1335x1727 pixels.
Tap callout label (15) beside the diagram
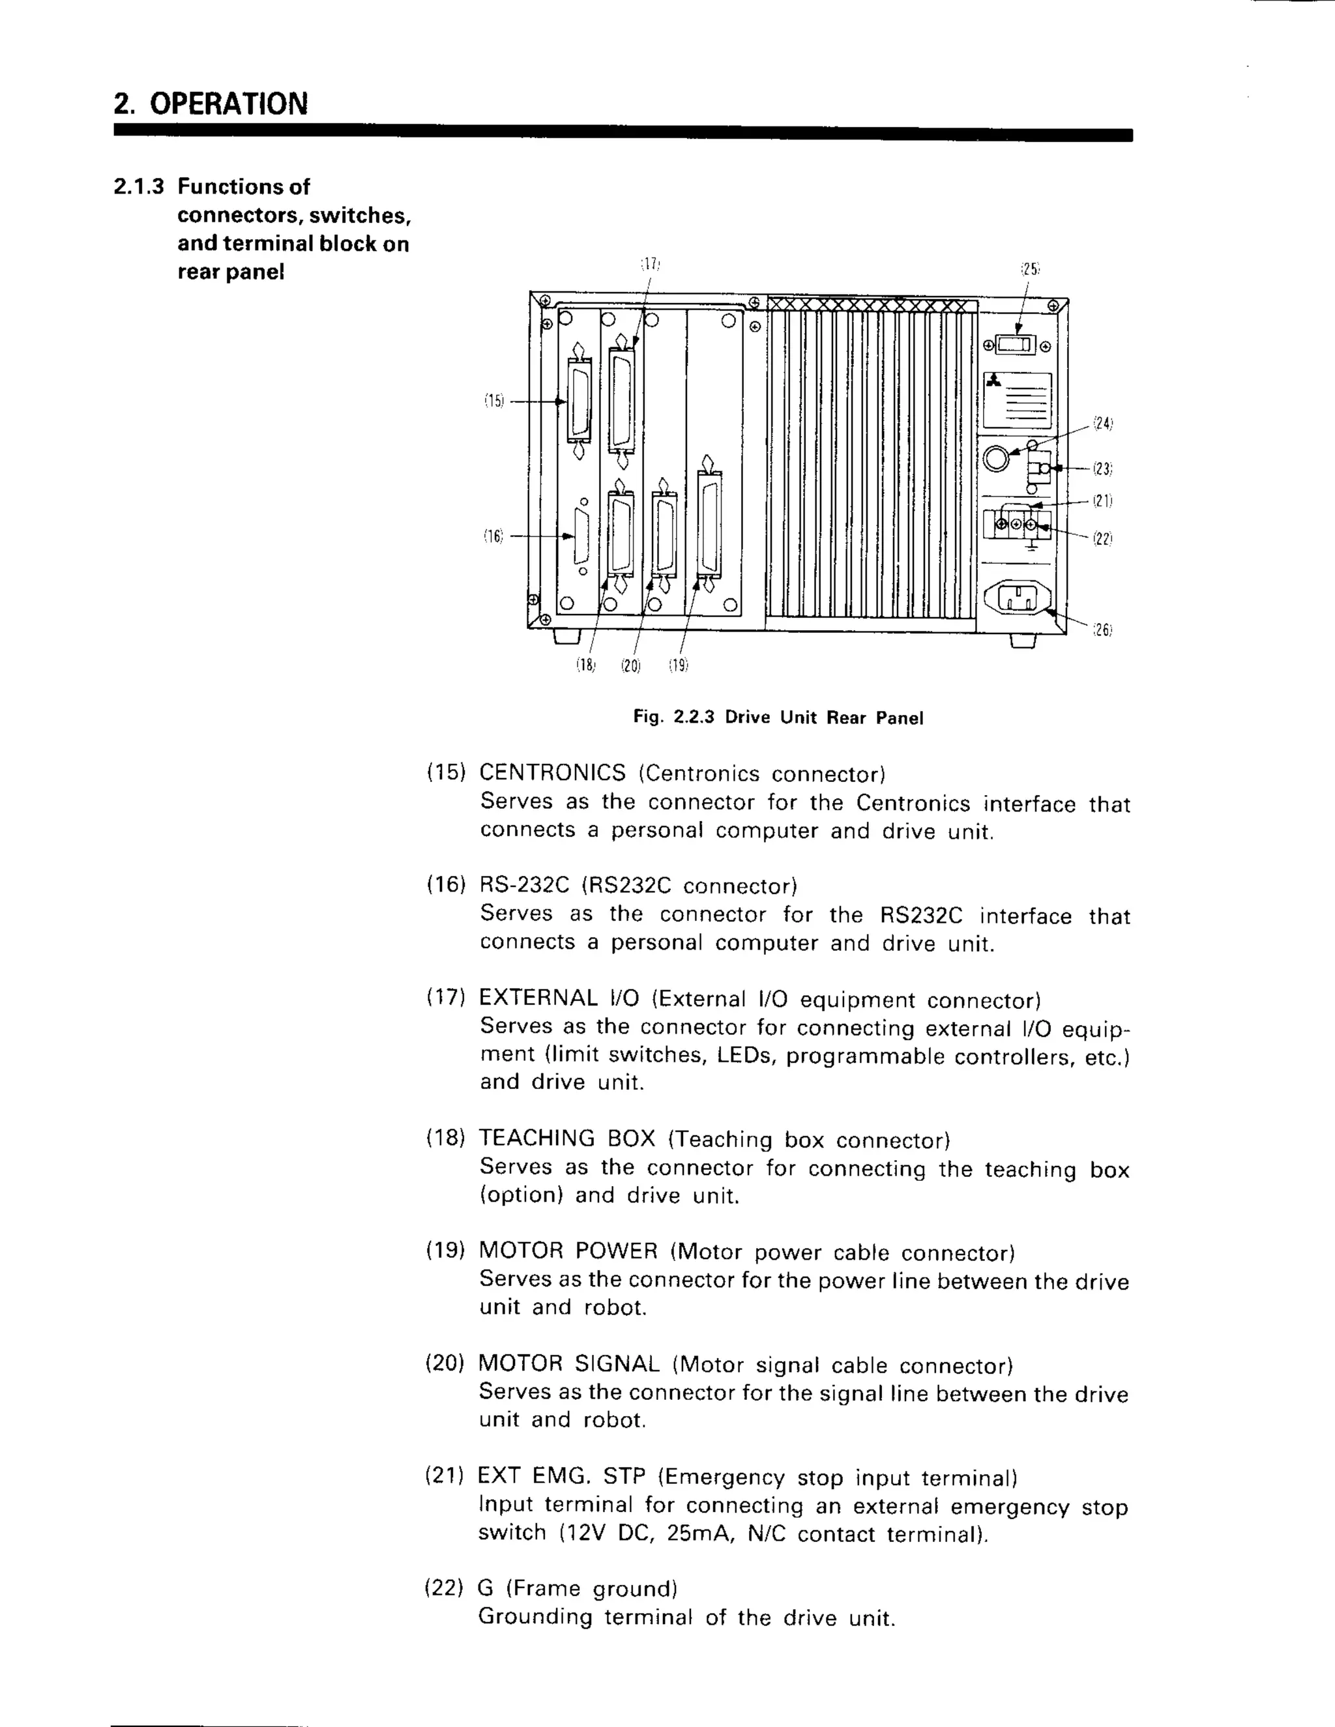click(x=493, y=401)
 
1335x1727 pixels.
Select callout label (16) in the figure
click(x=493, y=536)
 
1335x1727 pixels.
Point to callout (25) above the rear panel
click(x=1030, y=269)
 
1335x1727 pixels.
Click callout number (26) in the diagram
click(x=1102, y=630)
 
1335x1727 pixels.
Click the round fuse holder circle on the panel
click(x=997, y=458)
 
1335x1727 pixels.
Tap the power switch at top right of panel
click(x=1016, y=345)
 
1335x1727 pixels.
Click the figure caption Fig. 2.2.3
click(x=778, y=718)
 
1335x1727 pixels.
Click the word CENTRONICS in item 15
click(x=552, y=772)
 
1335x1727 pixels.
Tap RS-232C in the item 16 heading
click(x=523, y=885)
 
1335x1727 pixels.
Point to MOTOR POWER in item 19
click(x=568, y=1251)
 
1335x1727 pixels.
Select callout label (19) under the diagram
click(x=678, y=666)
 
